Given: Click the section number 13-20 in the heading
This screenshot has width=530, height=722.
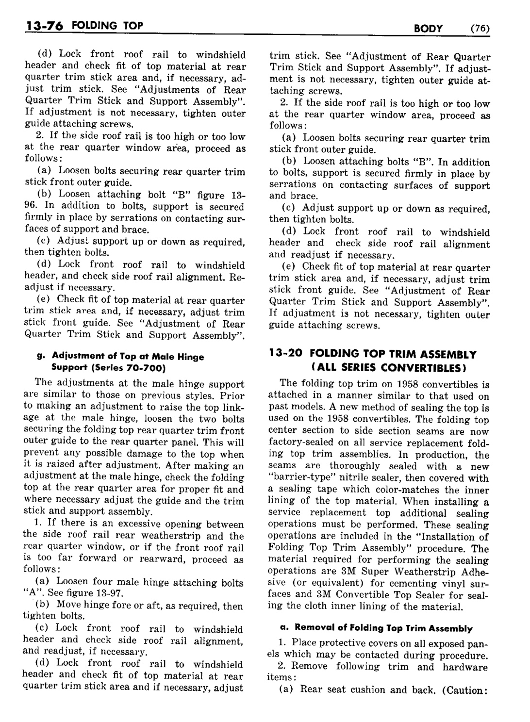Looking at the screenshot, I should [286, 354].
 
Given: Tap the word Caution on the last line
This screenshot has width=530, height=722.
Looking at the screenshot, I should [465, 689].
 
